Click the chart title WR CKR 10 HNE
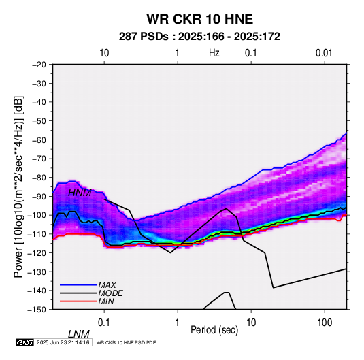pos(199,19)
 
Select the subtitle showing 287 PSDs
pos(199,37)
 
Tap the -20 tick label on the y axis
pos(39,65)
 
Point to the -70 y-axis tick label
pos(39,159)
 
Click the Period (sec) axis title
pos(214,330)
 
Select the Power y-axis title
pos(18,186)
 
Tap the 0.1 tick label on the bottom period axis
pos(104,322)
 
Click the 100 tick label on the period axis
pos(325,322)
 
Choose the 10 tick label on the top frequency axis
pos(104,53)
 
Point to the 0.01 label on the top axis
pos(324,53)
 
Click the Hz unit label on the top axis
pos(214,53)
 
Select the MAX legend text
pos(107,285)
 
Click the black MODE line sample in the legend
pos(78,293)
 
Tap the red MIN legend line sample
pos(78,301)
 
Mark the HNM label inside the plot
pos(80,193)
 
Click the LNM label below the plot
pos(79,334)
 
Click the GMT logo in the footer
pos(25,342)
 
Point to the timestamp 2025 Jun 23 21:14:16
pos(63,342)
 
